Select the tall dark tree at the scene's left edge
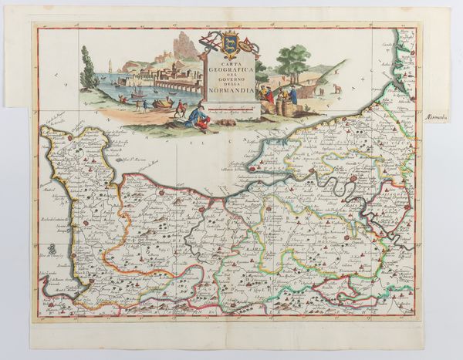coord(87,72)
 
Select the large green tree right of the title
coord(294,59)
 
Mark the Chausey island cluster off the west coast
coord(49,248)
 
